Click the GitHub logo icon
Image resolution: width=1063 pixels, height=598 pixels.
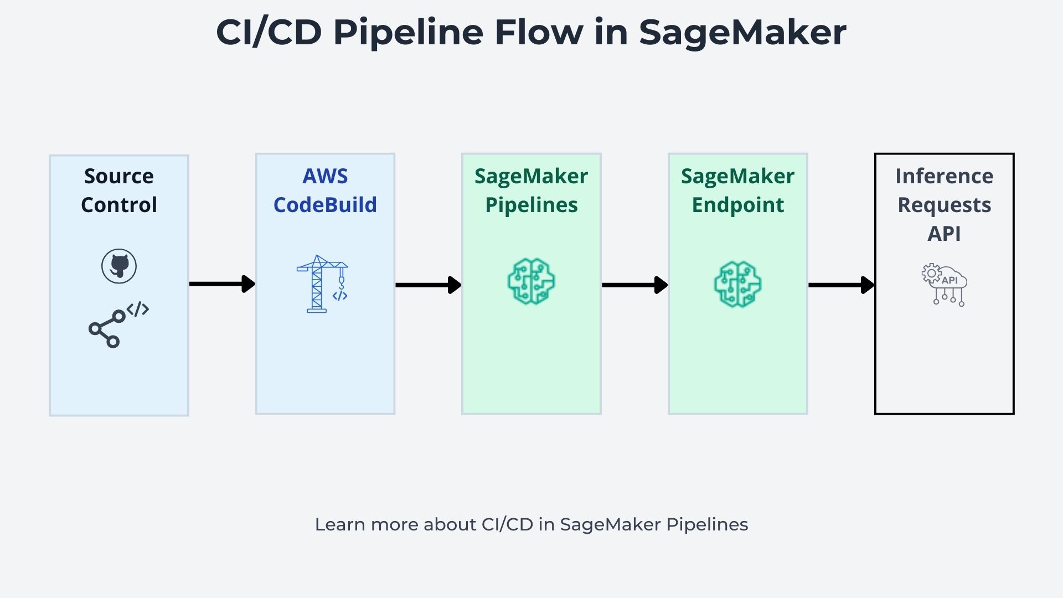tap(119, 266)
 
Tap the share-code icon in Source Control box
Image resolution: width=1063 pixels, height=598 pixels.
tap(118, 325)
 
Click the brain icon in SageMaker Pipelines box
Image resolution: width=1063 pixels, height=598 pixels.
tap(531, 282)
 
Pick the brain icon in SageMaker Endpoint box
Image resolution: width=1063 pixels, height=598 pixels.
tap(737, 284)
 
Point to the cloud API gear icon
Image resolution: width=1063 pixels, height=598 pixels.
tap(945, 284)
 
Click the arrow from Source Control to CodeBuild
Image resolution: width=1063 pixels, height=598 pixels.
tap(222, 284)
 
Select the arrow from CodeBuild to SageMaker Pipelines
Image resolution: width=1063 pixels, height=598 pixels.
tap(428, 285)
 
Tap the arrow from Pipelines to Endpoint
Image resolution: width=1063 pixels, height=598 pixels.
tap(634, 285)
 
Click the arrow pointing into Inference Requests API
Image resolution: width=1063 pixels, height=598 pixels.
tap(841, 285)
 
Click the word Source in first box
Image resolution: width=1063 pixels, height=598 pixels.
tap(118, 176)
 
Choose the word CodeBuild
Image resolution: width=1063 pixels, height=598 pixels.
tap(325, 205)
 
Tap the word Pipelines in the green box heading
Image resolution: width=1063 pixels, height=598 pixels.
tap(531, 205)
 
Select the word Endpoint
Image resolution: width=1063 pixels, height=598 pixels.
tap(737, 205)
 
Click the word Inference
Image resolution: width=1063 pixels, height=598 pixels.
tap(944, 176)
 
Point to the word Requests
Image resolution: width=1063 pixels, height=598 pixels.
tap(944, 205)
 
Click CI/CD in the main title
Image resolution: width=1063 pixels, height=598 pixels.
tap(269, 32)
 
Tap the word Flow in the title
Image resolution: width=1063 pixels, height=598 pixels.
tap(538, 32)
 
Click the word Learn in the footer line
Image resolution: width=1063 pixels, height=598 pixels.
tap(339, 524)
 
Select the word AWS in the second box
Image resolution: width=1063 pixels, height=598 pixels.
tap(325, 176)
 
